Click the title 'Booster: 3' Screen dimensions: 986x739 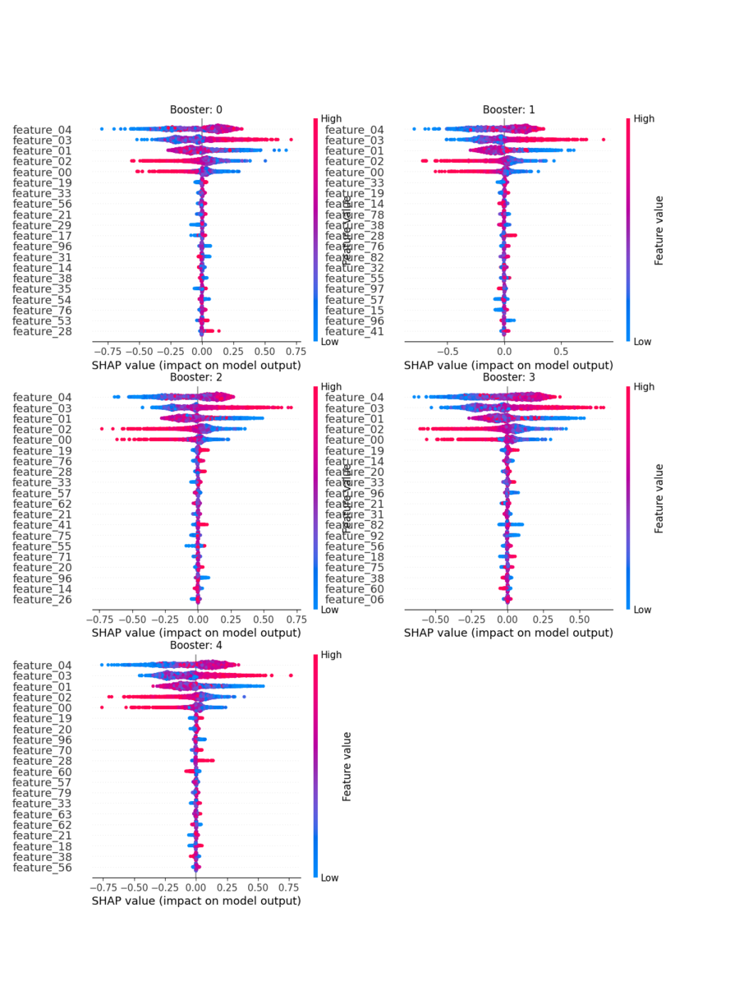[508, 377]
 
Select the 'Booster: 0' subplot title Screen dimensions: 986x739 [195, 109]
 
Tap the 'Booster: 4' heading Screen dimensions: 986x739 [195, 645]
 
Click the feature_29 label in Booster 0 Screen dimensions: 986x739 [42, 225]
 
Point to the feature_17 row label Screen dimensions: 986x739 [42, 236]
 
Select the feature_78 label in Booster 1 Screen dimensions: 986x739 [354, 214]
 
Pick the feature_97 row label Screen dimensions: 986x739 [354, 289]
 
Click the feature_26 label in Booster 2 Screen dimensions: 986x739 [42, 600]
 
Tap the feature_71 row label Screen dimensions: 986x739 [42, 557]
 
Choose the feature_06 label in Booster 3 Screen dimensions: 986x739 [354, 600]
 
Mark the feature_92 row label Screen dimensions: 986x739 [354, 536]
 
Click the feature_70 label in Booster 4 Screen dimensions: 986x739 [42, 750]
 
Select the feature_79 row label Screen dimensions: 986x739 [42, 793]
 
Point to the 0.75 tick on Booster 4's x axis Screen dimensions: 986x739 [289, 887]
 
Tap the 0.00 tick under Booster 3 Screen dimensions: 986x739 [507, 620]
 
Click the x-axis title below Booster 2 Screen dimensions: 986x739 [195, 633]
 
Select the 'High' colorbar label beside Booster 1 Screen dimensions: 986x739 [644, 118]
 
